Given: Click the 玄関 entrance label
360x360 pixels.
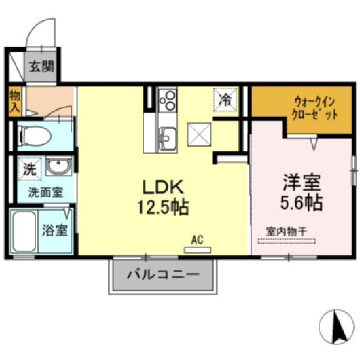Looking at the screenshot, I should coord(41,67).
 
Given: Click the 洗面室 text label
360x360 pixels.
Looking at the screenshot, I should coord(46,192).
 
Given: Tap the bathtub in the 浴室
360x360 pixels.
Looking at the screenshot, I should coord(24,231).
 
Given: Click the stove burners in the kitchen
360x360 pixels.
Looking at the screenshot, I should coord(167,102).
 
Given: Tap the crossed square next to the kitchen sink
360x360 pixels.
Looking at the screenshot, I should coord(199,134).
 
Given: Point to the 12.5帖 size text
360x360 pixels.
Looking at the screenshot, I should coord(163,208).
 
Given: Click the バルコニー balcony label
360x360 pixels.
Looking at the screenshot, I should coord(163,276).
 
